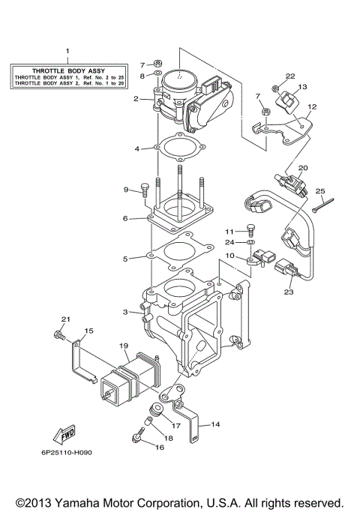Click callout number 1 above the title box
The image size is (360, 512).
tap(67, 51)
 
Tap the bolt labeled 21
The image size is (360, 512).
tap(58, 338)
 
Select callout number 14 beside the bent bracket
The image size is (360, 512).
tap(215, 424)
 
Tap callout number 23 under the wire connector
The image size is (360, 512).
tap(289, 293)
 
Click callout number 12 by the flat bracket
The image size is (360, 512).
tap(313, 107)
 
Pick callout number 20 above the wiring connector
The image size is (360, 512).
tap(303, 168)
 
